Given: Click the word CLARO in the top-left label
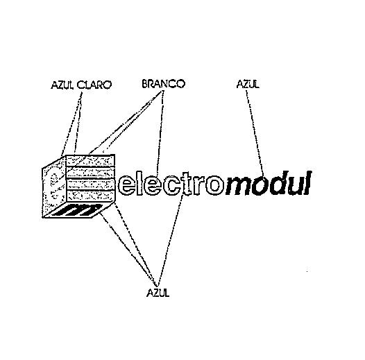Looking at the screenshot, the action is (94, 85).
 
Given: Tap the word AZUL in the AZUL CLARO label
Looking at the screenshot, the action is (62, 85).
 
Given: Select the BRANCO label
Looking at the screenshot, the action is (163, 84).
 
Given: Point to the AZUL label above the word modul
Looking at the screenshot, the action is (248, 84).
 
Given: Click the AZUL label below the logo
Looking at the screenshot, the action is (158, 293).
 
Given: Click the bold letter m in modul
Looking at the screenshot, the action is (239, 186).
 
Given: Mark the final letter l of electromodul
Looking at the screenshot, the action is (307, 183).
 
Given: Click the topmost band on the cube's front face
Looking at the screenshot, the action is (90, 161).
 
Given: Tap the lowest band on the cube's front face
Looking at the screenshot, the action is (91, 196).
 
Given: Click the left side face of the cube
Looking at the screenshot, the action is (54, 187).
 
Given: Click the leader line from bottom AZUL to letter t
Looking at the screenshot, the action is (170, 241).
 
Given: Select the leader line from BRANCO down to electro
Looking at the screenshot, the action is (160, 132).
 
